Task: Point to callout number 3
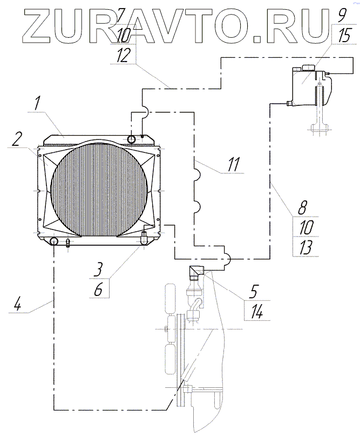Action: tap(98, 269)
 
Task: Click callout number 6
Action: tap(98, 290)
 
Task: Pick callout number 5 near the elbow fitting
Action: tap(254, 292)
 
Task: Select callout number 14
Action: tap(256, 312)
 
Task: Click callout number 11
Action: tap(233, 165)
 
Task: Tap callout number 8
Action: tap(303, 207)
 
